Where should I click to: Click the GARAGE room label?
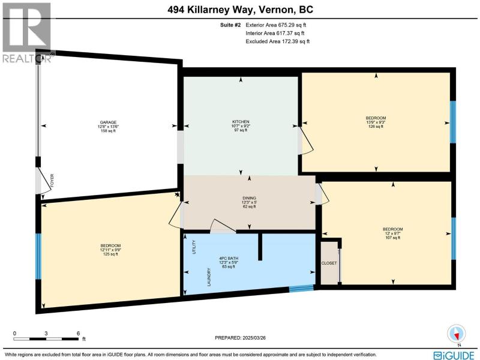[108, 122]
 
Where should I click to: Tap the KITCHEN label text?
[241, 122]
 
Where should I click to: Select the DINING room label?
[249, 198]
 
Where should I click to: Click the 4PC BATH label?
[229, 259]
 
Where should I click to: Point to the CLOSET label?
[329, 263]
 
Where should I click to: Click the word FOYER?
[52, 181]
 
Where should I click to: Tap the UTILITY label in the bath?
[194, 247]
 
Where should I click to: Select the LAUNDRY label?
[209, 277]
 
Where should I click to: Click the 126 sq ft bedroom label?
[376, 118]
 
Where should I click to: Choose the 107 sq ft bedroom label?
[393, 229]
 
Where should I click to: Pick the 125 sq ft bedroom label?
[110, 245]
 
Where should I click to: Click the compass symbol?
[457, 334]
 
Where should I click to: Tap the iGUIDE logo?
[454, 355]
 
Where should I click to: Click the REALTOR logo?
[26, 32]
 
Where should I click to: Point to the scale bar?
[46, 339]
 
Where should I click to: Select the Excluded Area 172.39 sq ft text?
[278, 41]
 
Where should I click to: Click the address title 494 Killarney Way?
[211, 10]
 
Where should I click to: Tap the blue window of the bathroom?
[302, 289]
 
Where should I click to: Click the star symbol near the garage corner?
[176, 194]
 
